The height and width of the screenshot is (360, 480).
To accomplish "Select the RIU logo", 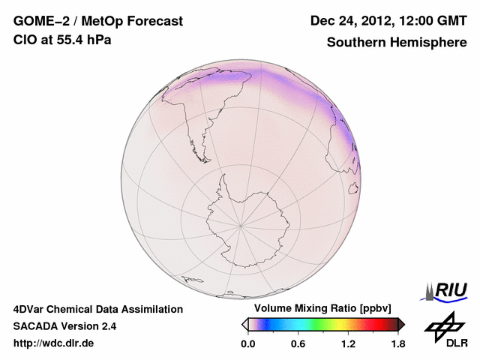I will pyautogui.click(x=447, y=289).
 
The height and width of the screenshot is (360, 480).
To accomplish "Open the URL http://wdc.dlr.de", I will pyautogui.click(x=54, y=343).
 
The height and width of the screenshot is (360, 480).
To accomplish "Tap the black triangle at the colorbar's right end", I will pyautogui.click(x=401, y=324).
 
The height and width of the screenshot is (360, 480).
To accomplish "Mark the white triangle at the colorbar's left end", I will pyautogui.click(x=244, y=324).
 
